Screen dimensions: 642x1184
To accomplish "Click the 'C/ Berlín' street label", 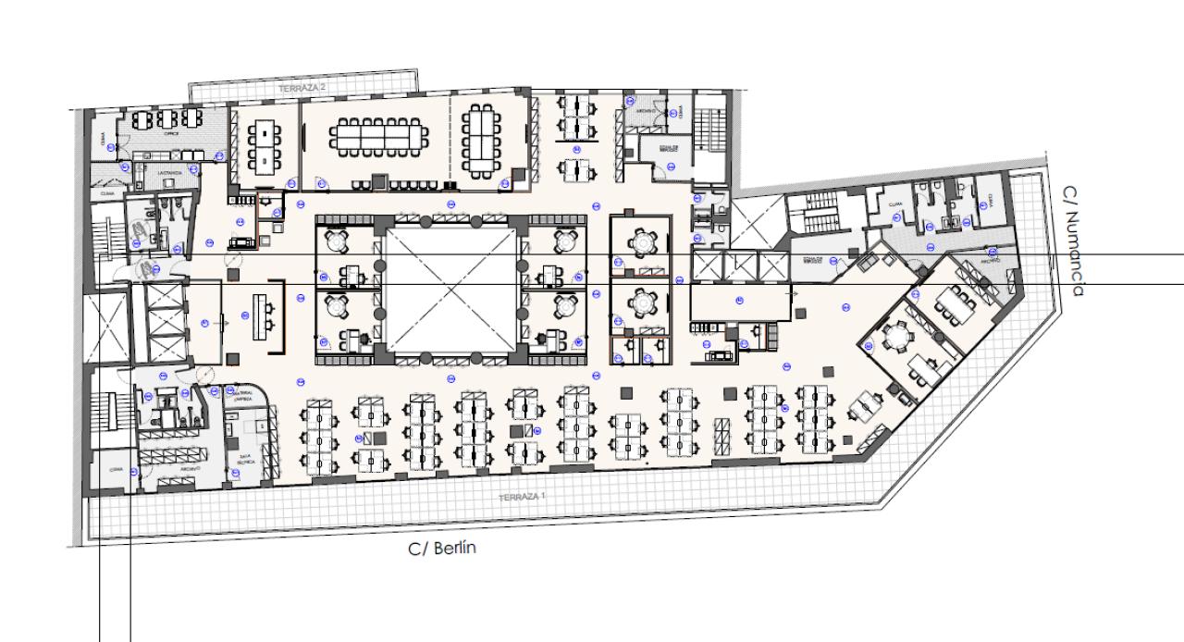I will [443, 548].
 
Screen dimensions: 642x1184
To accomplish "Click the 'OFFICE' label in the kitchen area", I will [171, 133].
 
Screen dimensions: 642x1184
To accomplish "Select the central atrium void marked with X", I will [450, 290].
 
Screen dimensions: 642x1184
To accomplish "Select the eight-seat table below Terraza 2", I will [265, 146].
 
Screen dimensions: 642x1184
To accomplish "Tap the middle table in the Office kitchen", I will [168, 118].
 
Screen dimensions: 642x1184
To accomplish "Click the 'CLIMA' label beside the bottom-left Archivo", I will [116, 468].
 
